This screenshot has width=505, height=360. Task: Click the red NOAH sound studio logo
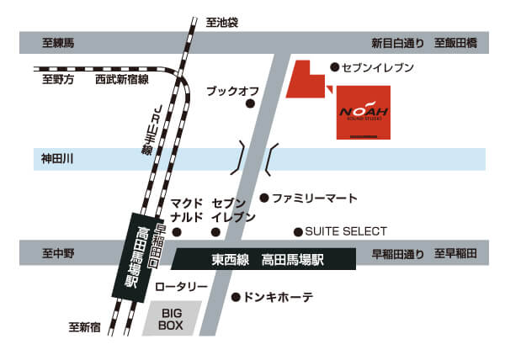click(x=364, y=114)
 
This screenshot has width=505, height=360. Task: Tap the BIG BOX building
click(x=172, y=318)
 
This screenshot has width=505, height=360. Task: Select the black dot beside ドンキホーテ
click(x=236, y=297)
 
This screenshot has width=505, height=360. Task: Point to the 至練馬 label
click(x=58, y=43)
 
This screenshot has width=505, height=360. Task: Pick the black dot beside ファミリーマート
click(x=263, y=199)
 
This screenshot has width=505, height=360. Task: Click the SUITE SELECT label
click(x=345, y=231)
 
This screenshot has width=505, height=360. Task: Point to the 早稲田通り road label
click(x=398, y=253)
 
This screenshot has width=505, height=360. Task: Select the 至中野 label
click(x=58, y=253)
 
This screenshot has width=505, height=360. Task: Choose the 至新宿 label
click(x=85, y=326)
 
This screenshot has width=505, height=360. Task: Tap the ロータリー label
click(x=181, y=288)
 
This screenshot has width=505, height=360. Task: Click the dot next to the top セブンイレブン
click(x=334, y=66)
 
